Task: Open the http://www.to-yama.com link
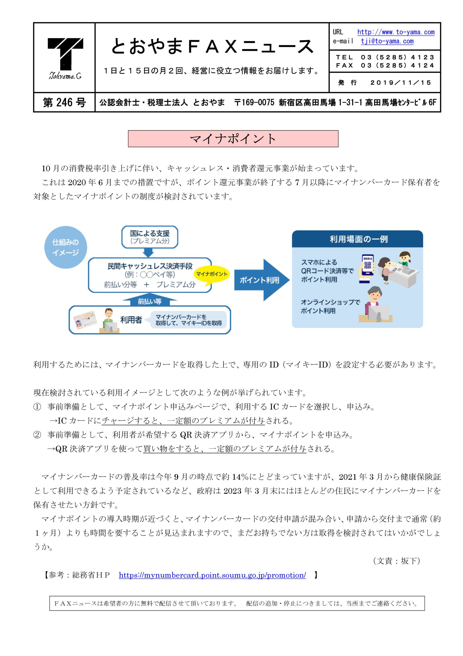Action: click(396, 32)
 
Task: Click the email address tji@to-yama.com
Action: click(387, 41)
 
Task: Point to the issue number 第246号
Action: click(64, 102)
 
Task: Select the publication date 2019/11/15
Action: click(401, 83)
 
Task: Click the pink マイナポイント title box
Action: click(233, 139)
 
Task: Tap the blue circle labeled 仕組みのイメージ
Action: click(66, 247)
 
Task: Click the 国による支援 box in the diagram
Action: click(149, 237)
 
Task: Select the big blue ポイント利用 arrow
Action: click(262, 280)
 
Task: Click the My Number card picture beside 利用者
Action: click(85, 320)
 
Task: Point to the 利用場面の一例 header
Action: click(357, 239)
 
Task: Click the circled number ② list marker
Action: click(37, 435)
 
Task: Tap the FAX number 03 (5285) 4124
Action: click(397, 65)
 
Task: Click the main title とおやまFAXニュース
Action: click(212, 46)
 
